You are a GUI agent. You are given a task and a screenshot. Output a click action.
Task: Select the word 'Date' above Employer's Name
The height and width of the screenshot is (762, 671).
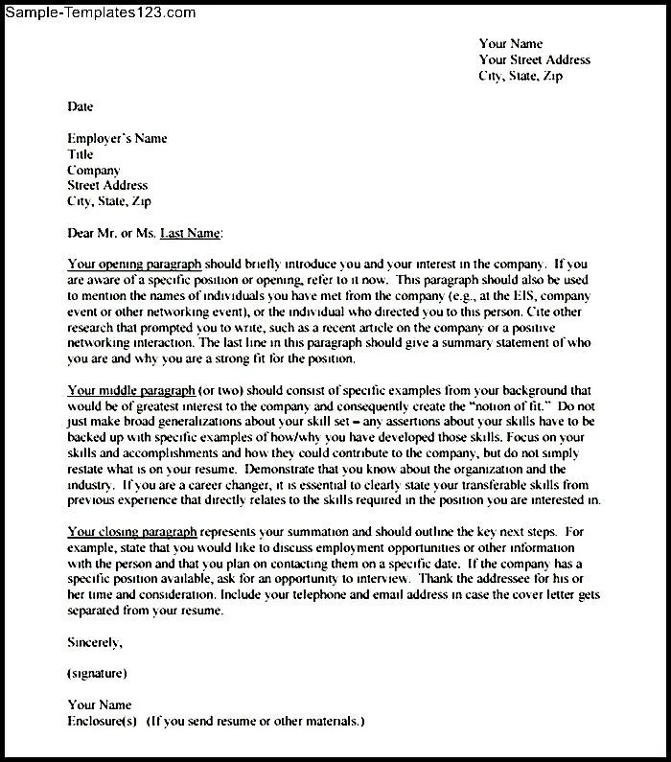click(80, 106)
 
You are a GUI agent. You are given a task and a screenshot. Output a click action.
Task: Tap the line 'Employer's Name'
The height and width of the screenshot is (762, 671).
click(117, 139)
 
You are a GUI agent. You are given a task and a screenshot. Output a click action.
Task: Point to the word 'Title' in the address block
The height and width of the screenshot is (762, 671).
click(81, 154)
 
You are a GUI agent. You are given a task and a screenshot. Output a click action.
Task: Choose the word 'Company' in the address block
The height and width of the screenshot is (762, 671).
click(93, 170)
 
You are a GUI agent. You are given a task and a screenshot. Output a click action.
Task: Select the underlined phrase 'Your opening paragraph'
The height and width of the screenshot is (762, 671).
click(133, 264)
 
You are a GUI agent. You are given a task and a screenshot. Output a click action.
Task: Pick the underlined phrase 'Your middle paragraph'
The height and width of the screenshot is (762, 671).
click(130, 391)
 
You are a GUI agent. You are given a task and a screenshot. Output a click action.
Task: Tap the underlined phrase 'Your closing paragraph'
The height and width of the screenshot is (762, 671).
click(132, 532)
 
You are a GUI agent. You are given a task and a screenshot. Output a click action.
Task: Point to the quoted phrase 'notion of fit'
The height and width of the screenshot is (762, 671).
click(499, 406)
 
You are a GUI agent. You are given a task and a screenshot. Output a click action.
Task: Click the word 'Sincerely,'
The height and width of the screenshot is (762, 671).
click(94, 641)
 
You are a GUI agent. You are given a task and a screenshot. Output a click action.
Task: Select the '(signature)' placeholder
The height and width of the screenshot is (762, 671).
click(97, 673)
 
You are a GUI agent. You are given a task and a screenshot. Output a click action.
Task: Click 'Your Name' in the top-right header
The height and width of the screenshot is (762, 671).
click(510, 43)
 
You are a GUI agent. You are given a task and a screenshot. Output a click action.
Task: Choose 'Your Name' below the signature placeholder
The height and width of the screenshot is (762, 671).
click(99, 704)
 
